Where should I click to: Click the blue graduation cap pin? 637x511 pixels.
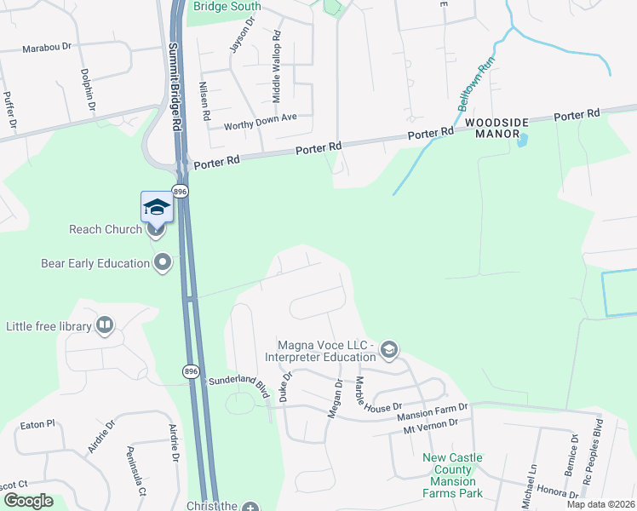(157, 207)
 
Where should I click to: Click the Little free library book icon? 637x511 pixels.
(105, 324)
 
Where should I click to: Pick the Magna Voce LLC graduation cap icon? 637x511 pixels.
(389, 350)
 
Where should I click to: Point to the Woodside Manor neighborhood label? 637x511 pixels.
(497, 129)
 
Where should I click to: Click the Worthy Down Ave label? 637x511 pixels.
(260, 122)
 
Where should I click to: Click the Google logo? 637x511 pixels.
(29, 501)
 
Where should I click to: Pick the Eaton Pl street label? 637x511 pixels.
(37, 423)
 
